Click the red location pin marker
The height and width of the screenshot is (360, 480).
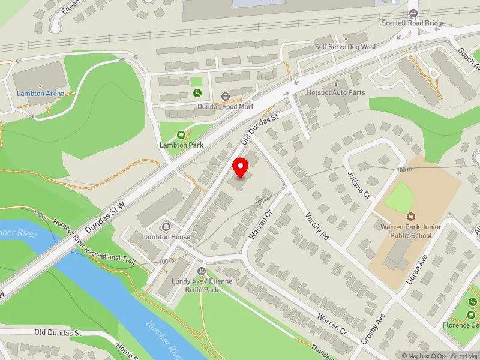[x=241, y=168]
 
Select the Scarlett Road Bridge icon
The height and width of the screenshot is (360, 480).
[x=413, y=13]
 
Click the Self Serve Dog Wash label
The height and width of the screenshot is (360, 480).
[x=346, y=47]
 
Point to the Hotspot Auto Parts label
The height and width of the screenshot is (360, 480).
[x=335, y=92]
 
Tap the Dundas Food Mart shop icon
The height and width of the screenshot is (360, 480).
[x=226, y=96]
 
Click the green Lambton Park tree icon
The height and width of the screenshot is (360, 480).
[x=181, y=135]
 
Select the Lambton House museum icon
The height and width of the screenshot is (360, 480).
[x=166, y=226]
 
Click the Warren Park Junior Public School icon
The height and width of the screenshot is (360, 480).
[x=411, y=216]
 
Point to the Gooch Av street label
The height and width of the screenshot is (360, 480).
[x=466, y=59]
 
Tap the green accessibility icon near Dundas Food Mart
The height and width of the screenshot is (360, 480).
[x=197, y=92]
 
